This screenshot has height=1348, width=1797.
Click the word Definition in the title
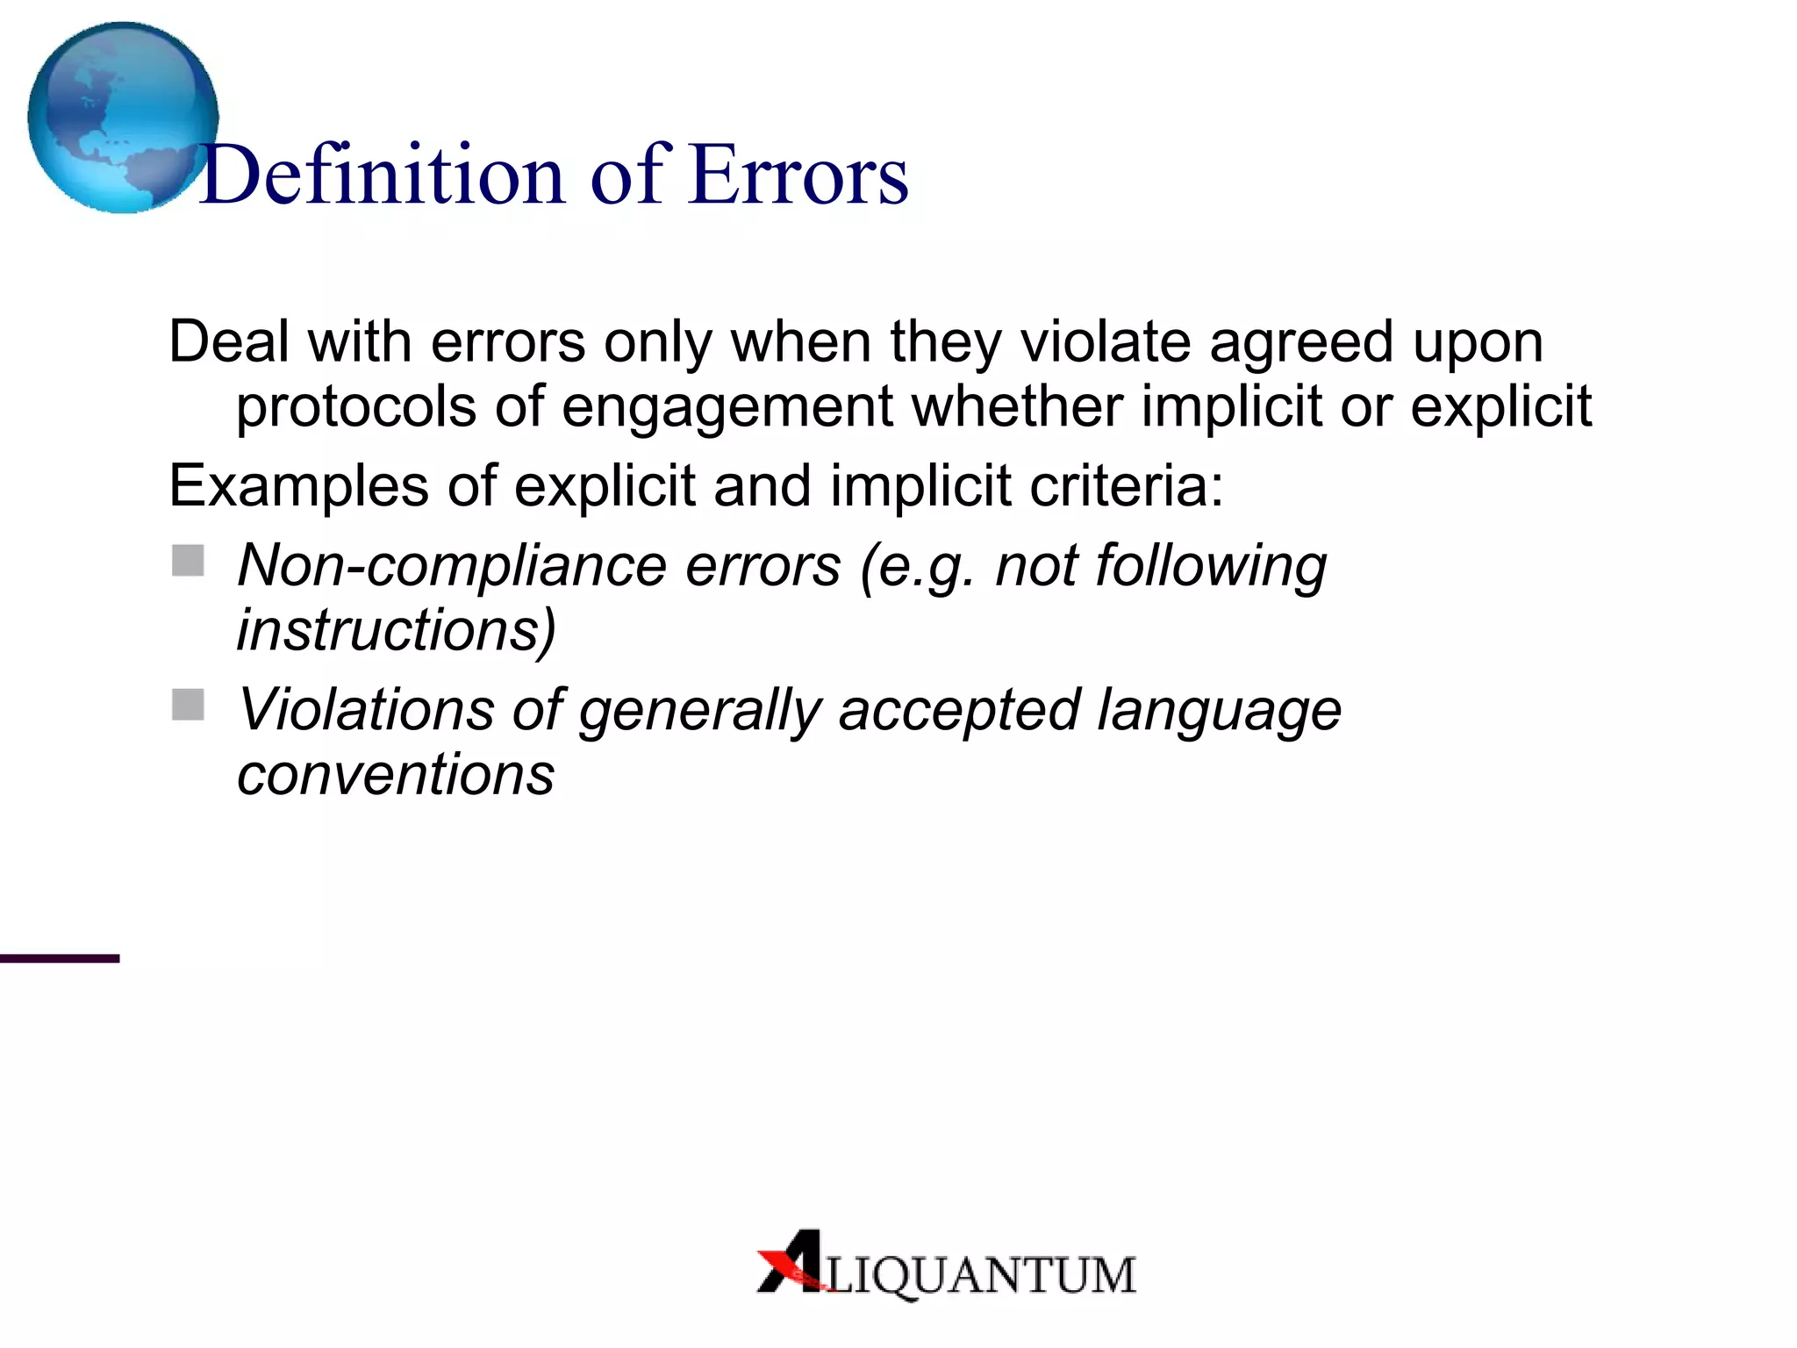(x=383, y=176)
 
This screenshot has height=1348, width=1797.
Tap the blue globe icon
(x=122, y=117)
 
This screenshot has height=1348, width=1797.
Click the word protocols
(x=356, y=407)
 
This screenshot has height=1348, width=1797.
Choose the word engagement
(x=727, y=409)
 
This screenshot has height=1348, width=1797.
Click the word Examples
(x=298, y=487)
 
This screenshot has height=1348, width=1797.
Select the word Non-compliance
(x=452, y=566)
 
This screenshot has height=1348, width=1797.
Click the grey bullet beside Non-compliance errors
(x=188, y=560)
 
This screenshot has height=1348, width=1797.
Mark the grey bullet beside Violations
(x=188, y=704)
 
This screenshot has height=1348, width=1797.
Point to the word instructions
(x=396, y=631)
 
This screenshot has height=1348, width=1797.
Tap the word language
(x=1219, y=711)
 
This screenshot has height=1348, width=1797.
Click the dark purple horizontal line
(x=60, y=958)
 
